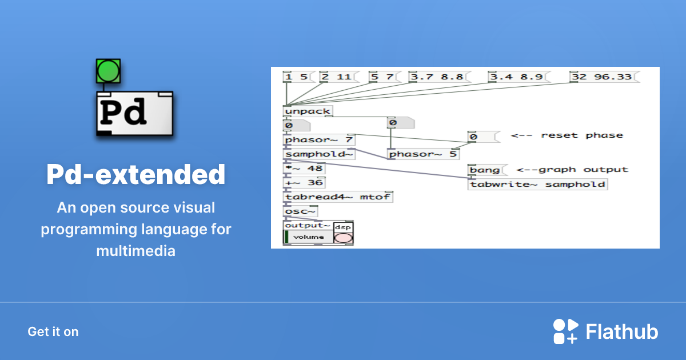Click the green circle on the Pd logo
coord(108,70)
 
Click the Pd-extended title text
coord(135,174)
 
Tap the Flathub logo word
coord(622,332)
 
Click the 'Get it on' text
coord(53,331)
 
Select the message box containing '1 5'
coord(296,77)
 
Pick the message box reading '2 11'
coord(338,77)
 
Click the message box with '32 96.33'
coord(604,77)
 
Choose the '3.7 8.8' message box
coord(438,77)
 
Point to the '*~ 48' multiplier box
coord(304,169)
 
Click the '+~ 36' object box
coord(304,183)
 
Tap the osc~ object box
coord(301,211)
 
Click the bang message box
coord(484,170)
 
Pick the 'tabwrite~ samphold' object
coord(537,184)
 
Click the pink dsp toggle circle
coord(343,237)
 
